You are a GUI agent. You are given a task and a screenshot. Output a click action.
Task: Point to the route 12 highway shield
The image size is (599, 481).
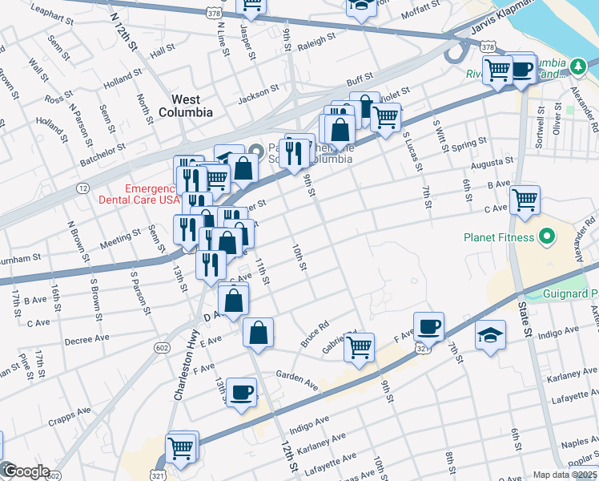click(83, 188)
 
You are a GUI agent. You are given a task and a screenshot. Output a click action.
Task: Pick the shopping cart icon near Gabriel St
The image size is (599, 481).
click(359, 347)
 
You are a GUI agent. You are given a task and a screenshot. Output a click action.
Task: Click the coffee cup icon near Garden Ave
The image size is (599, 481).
click(241, 392)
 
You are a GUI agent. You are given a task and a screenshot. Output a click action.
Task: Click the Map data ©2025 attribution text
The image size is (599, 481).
click(565, 475)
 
